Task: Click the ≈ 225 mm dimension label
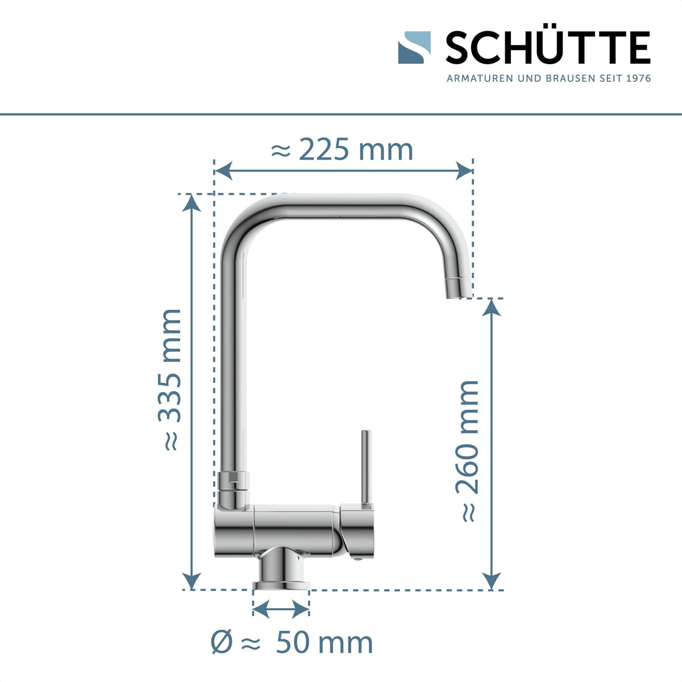click(x=342, y=150)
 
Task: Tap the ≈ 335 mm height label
click(x=170, y=380)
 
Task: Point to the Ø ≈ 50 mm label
click(x=292, y=642)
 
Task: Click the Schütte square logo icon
click(x=414, y=47)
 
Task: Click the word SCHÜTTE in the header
click(x=547, y=48)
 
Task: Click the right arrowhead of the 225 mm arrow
click(x=464, y=169)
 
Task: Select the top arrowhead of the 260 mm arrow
click(x=492, y=307)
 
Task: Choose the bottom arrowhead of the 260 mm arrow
click(x=492, y=581)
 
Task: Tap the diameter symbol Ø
click(x=221, y=643)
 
